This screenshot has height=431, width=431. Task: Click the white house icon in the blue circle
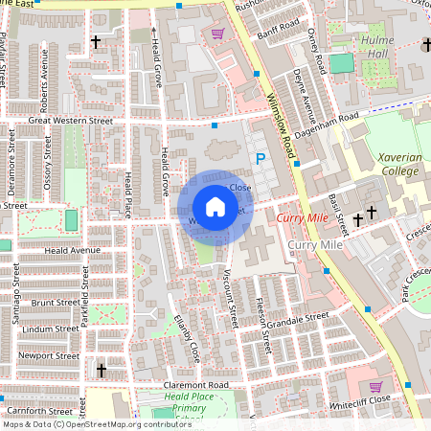tap(215, 207)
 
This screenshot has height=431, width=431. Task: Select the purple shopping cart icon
tap(217, 34)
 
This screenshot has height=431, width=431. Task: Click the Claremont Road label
tap(196, 384)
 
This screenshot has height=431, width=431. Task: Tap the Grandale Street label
tap(299, 319)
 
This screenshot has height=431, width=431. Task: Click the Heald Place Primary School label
tap(185, 403)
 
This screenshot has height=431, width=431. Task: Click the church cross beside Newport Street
tap(102, 370)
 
